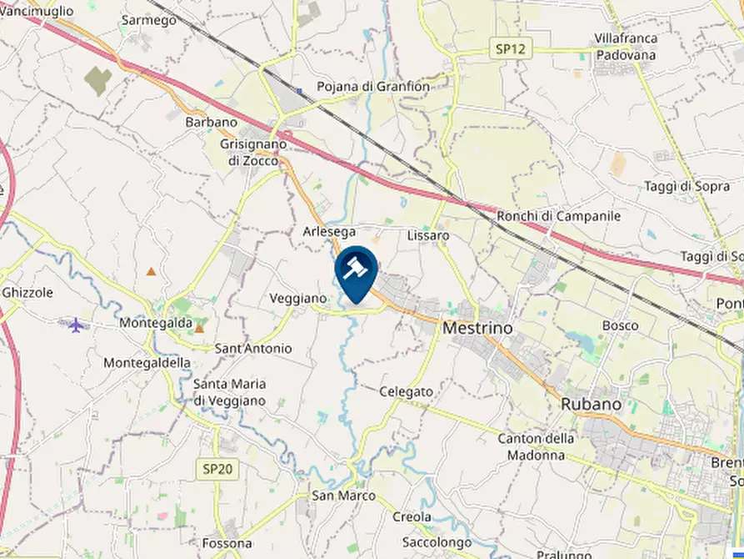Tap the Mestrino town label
pyautogui.click(x=477, y=328)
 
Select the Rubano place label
pyautogui.click(x=591, y=403)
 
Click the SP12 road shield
pyautogui.click(x=511, y=49)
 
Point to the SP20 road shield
pyautogui.click(x=217, y=469)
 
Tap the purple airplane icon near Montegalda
pyautogui.click(x=77, y=324)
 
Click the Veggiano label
pyautogui.click(x=297, y=298)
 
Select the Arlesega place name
pyautogui.click(x=330, y=231)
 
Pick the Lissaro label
pyautogui.click(x=428, y=236)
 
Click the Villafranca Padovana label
pyautogui.click(x=626, y=47)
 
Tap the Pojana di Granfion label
pyautogui.click(x=373, y=87)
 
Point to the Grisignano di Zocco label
pyautogui.click(x=252, y=152)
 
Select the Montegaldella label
pyautogui.click(x=147, y=363)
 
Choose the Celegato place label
pyautogui.click(x=406, y=391)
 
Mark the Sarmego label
pyautogui.click(x=149, y=20)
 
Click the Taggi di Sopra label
pyautogui.click(x=687, y=187)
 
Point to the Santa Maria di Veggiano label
pyautogui.click(x=229, y=392)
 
